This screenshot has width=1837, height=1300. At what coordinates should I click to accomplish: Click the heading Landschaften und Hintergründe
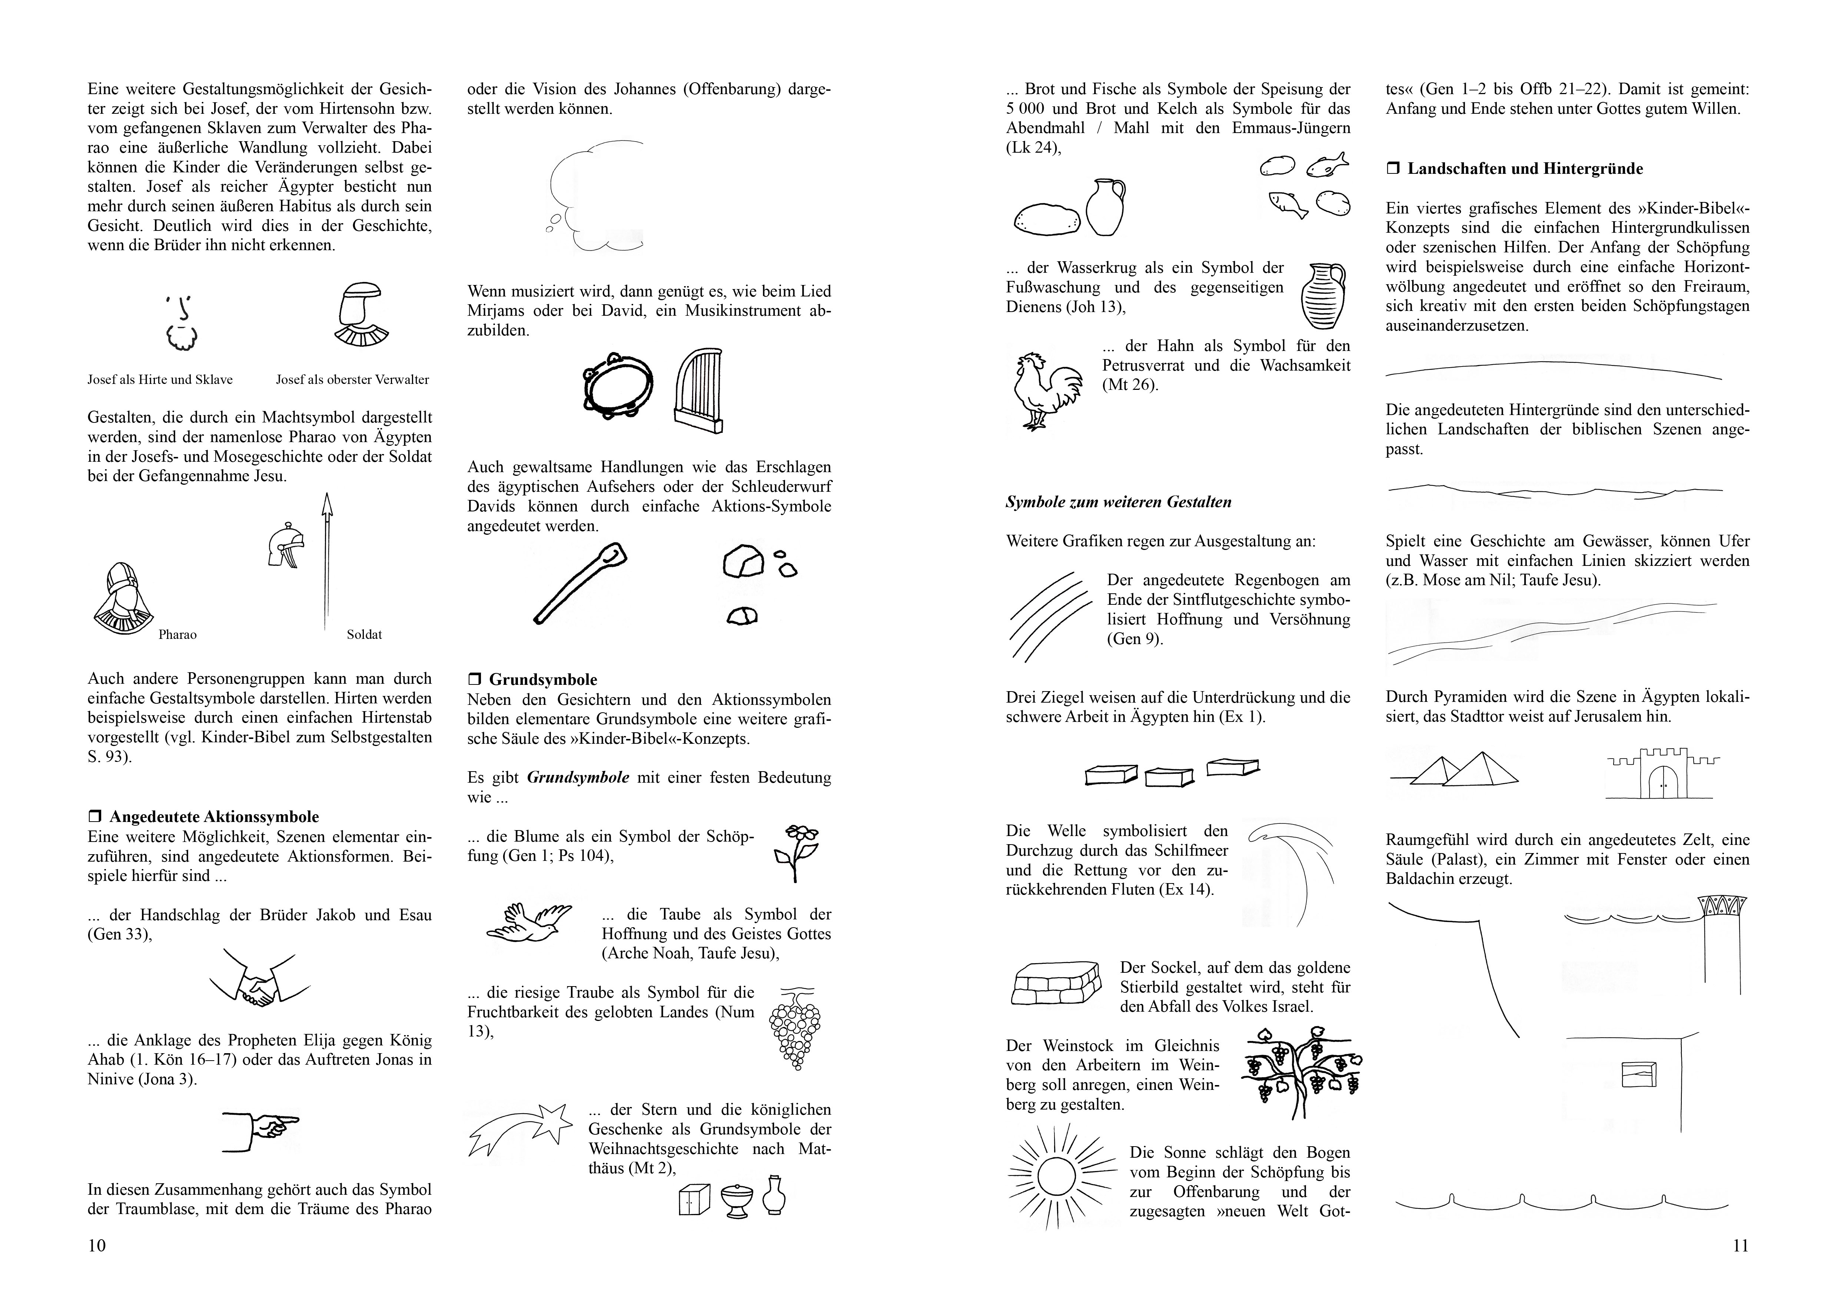(x=1524, y=169)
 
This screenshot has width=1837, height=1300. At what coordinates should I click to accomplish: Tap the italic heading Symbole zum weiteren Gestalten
(x=1118, y=502)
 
